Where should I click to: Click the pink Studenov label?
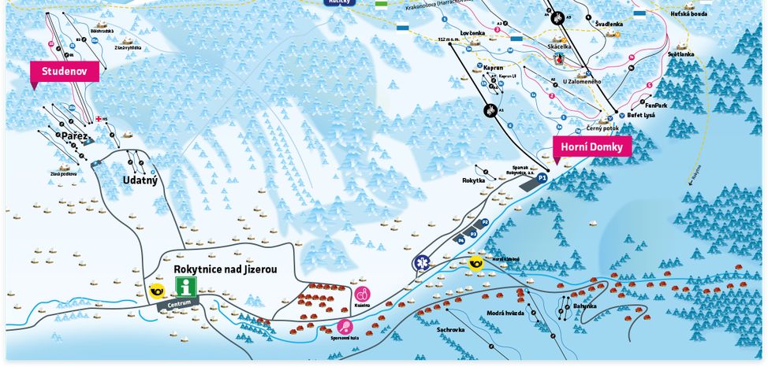click(x=65, y=71)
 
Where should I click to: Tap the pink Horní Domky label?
click(x=592, y=146)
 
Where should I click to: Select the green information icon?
click(x=185, y=287)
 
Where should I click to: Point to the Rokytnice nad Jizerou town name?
click(x=226, y=269)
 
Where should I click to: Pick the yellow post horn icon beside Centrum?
click(x=157, y=291)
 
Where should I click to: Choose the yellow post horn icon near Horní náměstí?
click(x=475, y=263)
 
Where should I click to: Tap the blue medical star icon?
click(x=420, y=262)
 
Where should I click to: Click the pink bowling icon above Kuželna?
click(x=362, y=294)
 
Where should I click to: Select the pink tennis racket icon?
click(x=345, y=326)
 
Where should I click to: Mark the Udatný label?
click(x=140, y=180)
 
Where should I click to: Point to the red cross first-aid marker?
click(x=99, y=119)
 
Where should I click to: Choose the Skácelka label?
click(x=560, y=46)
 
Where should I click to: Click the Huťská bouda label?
click(x=688, y=13)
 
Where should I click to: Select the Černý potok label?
click(x=602, y=128)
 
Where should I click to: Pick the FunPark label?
click(x=655, y=105)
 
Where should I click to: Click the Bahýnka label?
click(x=585, y=306)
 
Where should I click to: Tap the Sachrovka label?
click(x=450, y=330)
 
